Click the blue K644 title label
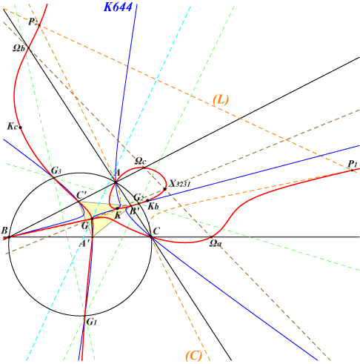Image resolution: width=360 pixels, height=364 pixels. point(118,7)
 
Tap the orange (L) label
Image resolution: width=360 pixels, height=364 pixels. point(221,99)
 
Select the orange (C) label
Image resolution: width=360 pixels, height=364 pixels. point(194,356)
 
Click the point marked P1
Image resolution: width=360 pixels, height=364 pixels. point(352,170)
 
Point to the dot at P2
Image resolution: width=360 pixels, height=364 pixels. point(39,25)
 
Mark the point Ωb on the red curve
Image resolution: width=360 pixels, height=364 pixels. point(28,48)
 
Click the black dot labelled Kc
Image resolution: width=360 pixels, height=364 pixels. point(21,128)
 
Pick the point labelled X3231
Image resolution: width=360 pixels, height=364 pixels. point(165,189)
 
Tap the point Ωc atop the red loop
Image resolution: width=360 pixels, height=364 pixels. point(144,168)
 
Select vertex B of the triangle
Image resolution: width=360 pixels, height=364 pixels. point(9,237)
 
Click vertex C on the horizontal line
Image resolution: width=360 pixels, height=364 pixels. point(152,237)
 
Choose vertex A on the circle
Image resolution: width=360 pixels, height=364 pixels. point(116,182)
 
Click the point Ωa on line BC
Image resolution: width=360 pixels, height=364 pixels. point(211,237)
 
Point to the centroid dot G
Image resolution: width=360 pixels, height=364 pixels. point(92,219)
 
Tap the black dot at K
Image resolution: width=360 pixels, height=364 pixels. point(118,208)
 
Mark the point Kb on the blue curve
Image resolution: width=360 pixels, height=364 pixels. point(147,200)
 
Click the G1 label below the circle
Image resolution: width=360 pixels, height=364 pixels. point(92,322)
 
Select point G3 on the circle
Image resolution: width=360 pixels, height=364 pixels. point(54,177)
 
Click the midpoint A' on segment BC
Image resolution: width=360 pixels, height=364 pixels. point(93,237)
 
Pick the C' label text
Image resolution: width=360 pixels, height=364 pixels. point(81,195)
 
